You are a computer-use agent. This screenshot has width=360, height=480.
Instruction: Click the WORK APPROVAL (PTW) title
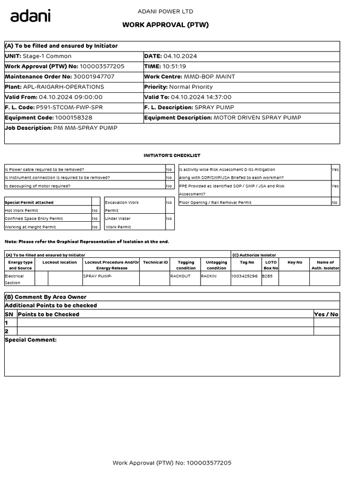[x=165, y=25]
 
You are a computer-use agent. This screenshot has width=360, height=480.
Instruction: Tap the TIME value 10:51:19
[x=174, y=67]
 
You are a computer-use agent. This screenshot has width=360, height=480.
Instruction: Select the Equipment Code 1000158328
[x=73, y=118]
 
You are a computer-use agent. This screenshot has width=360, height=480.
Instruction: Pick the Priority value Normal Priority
[x=191, y=87]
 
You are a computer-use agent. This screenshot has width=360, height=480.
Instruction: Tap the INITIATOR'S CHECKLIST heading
[x=172, y=155]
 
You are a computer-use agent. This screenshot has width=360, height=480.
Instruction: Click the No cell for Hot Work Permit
[x=95, y=210]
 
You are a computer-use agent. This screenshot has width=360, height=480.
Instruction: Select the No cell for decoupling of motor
[x=169, y=186]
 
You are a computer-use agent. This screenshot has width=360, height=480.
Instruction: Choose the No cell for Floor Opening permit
[x=334, y=202]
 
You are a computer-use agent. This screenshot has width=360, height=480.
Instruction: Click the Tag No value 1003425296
[x=244, y=276]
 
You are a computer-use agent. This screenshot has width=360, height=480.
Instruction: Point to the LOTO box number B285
[x=267, y=276]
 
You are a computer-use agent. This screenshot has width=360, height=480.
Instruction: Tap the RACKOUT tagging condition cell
[x=180, y=276]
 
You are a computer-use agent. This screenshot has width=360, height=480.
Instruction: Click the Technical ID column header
[x=155, y=262]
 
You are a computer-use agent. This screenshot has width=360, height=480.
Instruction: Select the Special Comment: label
[x=30, y=340]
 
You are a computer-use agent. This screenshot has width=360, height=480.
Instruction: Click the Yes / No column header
[x=327, y=315]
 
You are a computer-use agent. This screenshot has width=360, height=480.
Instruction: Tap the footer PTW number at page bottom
[x=172, y=463]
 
